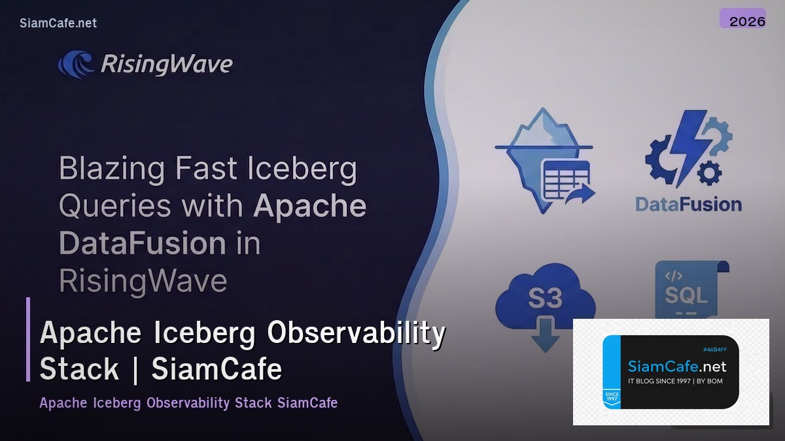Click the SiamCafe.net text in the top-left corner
pyautogui.click(x=58, y=24)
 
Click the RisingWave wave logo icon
pyautogui.click(x=77, y=64)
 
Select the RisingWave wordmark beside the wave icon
pyautogui.click(x=166, y=64)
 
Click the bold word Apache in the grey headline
pyautogui.click(x=309, y=206)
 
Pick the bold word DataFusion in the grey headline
pyautogui.click(x=133, y=244)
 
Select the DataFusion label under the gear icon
pyautogui.click(x=688, y=204)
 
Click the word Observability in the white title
pyautogui.click(x=356, y=333)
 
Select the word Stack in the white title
pyautogui.click(x=79, y=368)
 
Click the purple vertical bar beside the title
pyautogui.click(x=28, y=339)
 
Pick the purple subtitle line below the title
pyautogui.click(x=188, y=402)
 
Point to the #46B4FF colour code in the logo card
pyautogui.click(x=714, y=350)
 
